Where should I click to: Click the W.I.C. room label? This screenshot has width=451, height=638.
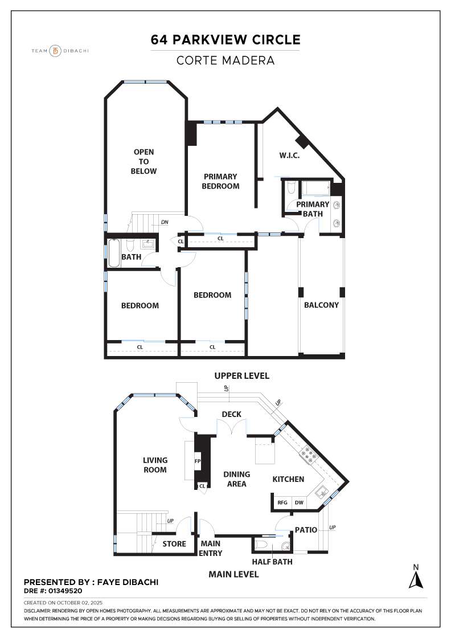(289, 156)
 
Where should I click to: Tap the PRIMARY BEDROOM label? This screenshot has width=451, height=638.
(221, 181)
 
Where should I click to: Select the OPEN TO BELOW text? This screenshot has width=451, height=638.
(143, 161)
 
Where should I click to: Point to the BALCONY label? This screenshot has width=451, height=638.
(321, 305)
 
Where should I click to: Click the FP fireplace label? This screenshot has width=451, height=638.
(198, 461)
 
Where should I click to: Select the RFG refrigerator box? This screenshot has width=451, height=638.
(282, 503)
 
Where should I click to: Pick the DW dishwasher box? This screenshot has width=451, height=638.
(299, 503)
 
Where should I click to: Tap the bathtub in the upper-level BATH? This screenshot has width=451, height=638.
(114, 253)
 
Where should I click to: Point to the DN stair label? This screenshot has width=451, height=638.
(164, 222)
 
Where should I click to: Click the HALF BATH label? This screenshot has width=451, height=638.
(272, 562)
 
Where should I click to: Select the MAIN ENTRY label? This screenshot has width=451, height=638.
(211, 548)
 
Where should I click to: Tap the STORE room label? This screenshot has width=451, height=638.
(174, 544)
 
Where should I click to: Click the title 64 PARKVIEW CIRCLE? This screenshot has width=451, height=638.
(225, 40)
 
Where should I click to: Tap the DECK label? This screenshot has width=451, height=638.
(232, 414)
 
